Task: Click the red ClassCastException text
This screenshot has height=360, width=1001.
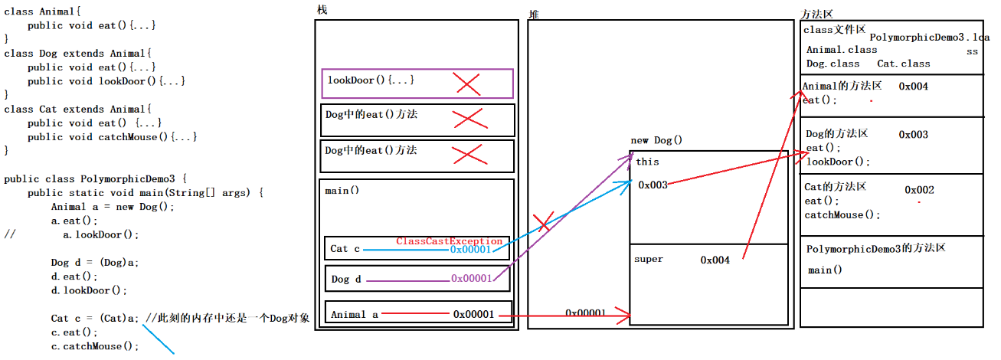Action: click(450, 241)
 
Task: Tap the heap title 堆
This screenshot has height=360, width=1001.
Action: click(533, 15)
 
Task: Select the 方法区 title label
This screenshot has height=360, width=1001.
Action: click(816, 15)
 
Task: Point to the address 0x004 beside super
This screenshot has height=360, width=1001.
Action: click(715, 260)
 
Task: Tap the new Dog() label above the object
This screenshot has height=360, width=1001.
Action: click(656, 140)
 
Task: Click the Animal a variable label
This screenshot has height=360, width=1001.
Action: click(355, 314)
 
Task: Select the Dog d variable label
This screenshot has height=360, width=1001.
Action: click(346, 280)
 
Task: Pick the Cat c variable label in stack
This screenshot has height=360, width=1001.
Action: click(345, 249)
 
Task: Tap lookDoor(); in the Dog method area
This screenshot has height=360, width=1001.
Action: click(838, 162)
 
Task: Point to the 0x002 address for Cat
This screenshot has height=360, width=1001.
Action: click(919, 190)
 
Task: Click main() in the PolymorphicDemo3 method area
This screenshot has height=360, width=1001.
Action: click(825, 270)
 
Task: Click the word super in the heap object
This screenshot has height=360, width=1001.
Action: click(649, 260)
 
